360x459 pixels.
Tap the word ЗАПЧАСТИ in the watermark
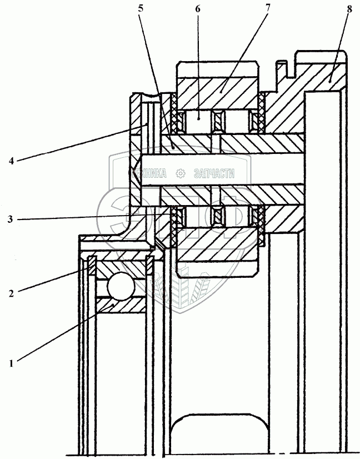coord(214,173)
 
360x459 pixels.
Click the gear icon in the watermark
coord(180,173)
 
